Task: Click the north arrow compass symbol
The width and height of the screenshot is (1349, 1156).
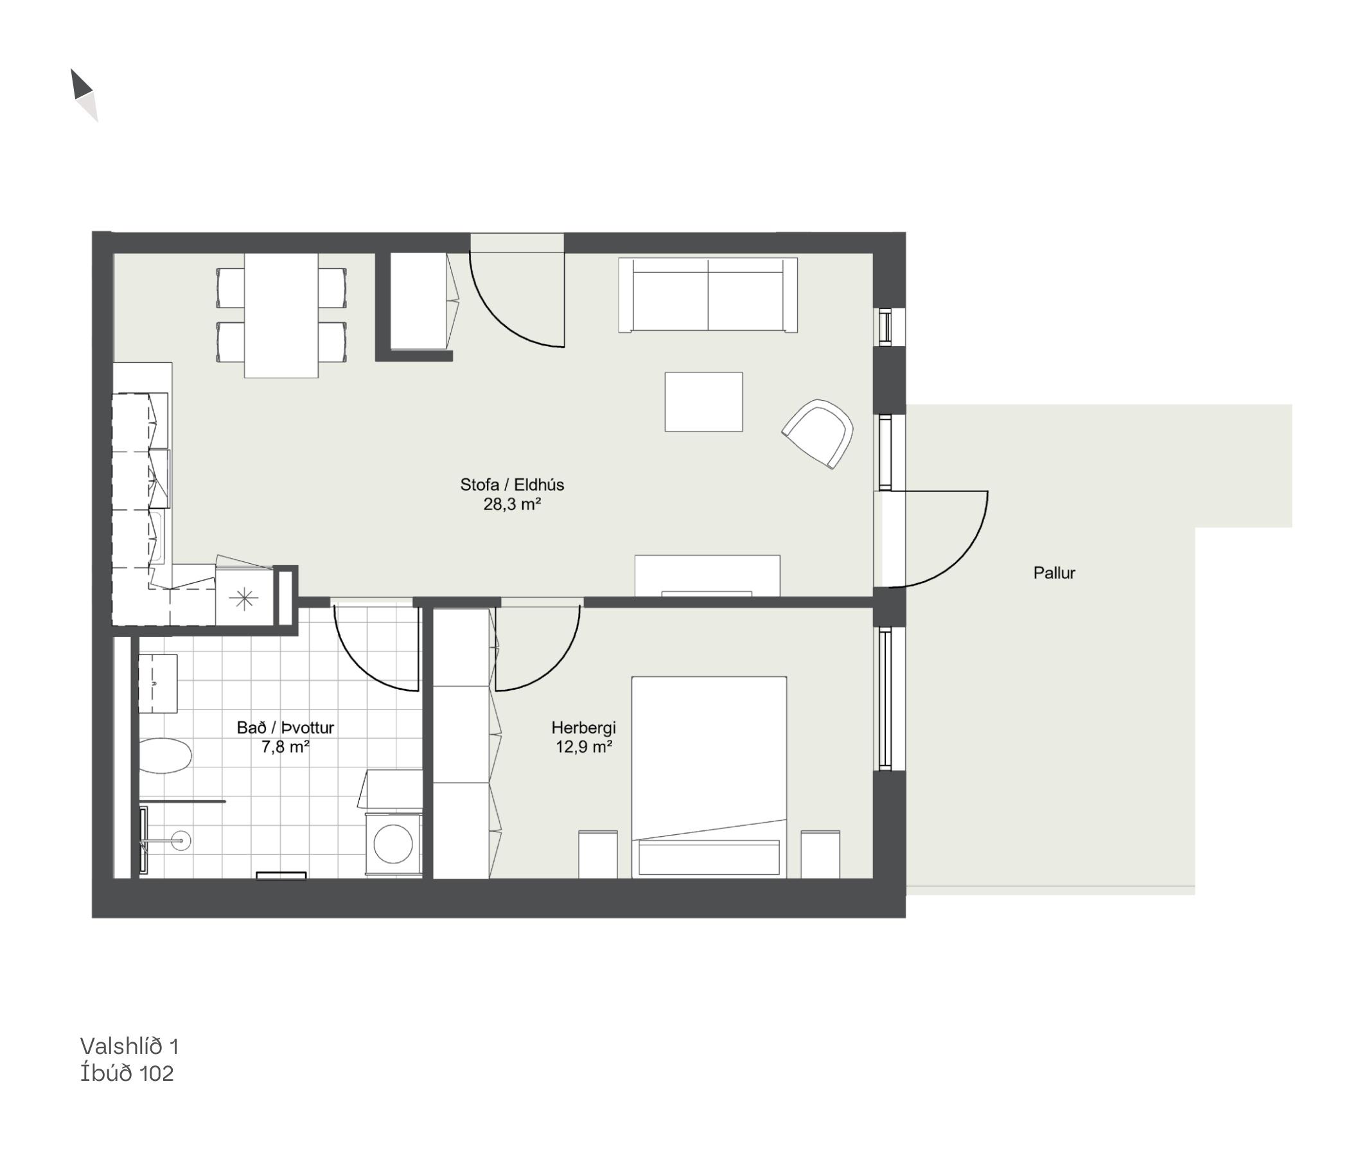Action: coord(84,95)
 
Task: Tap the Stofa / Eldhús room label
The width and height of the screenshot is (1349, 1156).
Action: coord(512,485)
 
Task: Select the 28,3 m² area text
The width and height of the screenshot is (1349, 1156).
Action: coord(512,504)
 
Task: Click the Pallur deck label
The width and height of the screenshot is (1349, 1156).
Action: coord(1054,573)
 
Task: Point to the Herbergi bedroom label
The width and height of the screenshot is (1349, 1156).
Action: coord(583,728)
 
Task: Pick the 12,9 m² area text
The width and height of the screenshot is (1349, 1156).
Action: coord(583,746)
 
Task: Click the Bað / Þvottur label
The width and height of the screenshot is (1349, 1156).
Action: coord(285,728)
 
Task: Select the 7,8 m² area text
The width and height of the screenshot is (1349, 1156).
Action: coord(285,746)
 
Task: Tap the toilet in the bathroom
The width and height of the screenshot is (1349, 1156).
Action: coord(165,756)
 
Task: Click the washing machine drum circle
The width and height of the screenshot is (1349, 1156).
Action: coord(393,845)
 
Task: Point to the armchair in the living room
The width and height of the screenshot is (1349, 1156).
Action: coord(818,433)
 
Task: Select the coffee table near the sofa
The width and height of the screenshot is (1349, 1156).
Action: coord(704,401)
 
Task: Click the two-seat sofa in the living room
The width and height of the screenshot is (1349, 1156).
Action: coord(708,295)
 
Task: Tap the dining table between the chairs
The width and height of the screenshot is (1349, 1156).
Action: coord(281,315)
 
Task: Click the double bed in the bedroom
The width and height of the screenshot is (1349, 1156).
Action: coord(709,777)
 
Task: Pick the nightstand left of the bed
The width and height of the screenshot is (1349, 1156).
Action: coord(598,855)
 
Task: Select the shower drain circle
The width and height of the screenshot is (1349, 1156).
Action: coord(181,840)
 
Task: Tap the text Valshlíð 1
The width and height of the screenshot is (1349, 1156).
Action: coord(129,1046)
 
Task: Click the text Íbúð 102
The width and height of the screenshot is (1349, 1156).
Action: coord(127,1073)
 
